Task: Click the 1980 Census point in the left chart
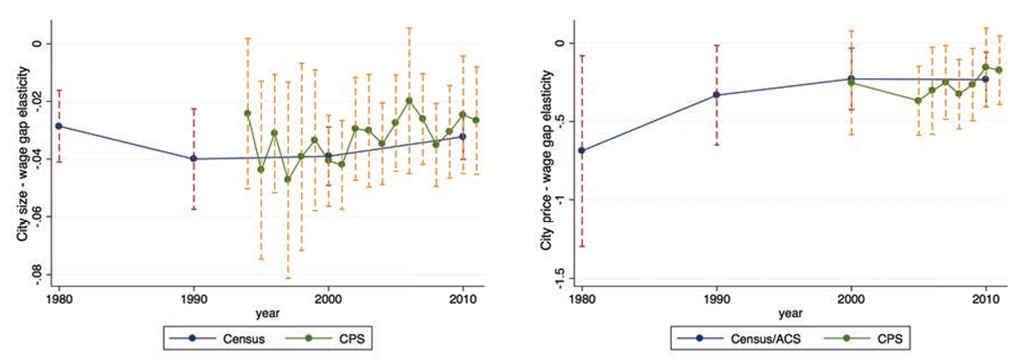[x=59, y=125]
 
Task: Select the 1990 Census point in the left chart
[x=193, y=159]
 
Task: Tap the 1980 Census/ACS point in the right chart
[x=582, y=150]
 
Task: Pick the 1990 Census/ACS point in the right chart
[x=717, y=95]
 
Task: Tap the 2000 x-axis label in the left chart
[x=328, y=298]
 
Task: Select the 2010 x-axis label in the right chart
[x=985, y=298]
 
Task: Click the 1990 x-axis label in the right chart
[x=717, y=298]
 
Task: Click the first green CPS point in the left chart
[x=247, y=113]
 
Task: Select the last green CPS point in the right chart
[x=999, y=70]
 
